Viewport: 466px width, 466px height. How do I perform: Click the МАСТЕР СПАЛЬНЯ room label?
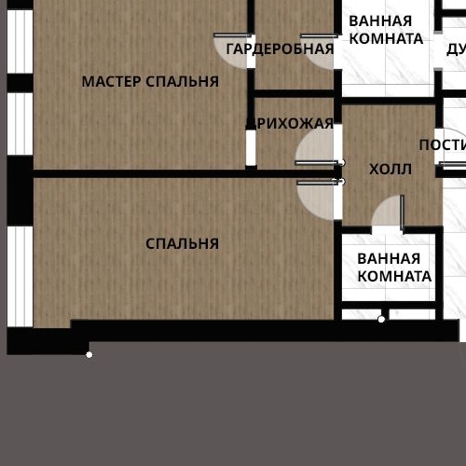tap(150, 82)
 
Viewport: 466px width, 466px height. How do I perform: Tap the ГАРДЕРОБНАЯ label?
tap(280, 49)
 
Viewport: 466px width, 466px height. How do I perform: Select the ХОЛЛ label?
tap(390, 169)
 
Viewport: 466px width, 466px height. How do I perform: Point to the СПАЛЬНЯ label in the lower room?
tap(182, 244)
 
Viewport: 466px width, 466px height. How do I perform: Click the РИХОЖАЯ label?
tap(295, 124)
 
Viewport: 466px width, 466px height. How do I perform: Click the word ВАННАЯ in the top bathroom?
tap(380, 21)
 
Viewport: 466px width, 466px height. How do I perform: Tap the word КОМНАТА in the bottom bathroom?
tap(394, 277)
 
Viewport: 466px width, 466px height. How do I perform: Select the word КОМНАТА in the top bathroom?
tap(386, 39)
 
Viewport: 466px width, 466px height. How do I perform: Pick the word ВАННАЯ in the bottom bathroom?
tap(389, 258)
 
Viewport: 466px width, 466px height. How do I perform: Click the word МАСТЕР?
tap(112, 82)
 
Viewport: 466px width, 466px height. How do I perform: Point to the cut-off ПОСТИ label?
tap(442, 144)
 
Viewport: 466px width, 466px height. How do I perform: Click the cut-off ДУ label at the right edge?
tap(455, 48)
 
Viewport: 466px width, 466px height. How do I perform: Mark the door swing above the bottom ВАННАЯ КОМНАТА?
tap(387, 213)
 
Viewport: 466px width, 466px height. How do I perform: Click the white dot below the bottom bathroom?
tap(381, 320)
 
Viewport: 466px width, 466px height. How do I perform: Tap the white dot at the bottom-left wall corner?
tap(89, 354)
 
